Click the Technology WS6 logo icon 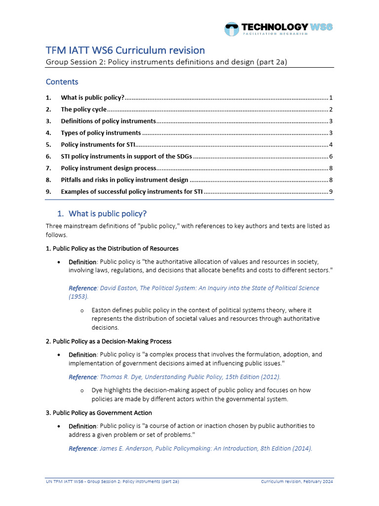(x=231, y=29)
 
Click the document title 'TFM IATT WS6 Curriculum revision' (x=125, y=50)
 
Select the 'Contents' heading (x=62, y=82)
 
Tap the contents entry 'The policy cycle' (x=83, y=109)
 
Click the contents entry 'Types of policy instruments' (x=101, y=133)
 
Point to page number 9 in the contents (x=332, y=192)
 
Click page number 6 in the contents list (x=332, y=157)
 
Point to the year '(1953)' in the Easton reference (x=78, y=296)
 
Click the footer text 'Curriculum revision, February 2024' (x=297, y=481)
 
